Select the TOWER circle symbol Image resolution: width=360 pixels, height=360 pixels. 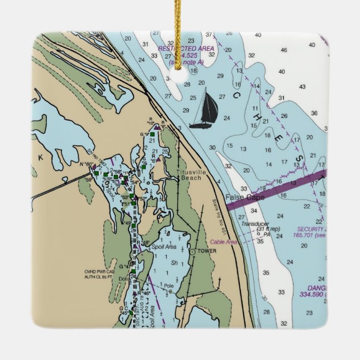pyautogui.click(x=192, y=252)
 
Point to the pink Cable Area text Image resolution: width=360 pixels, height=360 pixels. pyautogui.click(x=224, y=242)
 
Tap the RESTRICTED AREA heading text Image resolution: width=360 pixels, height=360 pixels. pyautogui.click(x=186, y=49)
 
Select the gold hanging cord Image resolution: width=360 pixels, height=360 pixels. pyautogui.click(x=179, y=34)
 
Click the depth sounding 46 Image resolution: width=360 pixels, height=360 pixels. pyautogui.click(x=283, y=50)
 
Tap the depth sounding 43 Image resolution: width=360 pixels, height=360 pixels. pyautogui.click(x=302, y=87)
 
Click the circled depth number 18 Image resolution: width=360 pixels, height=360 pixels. pyautogui.click(x=193, y=70)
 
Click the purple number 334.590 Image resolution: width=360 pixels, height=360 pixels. pyautogui.click(x=313, y=294)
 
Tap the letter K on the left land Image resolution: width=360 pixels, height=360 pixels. pyautogui.click(x=40, y=158)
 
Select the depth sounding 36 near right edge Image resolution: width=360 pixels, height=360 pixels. pyautogui.click(x=314, y=113)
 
